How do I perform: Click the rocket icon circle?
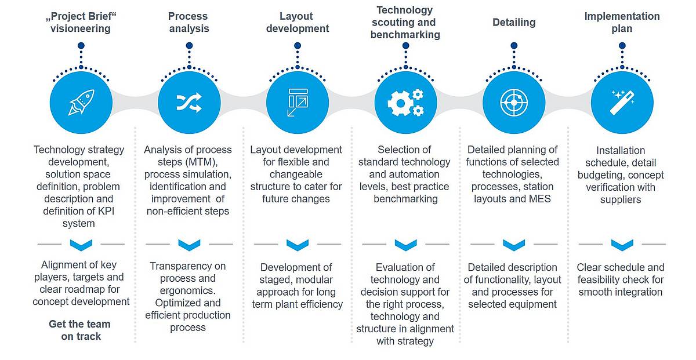(81, 103)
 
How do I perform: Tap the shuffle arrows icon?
(189, 103)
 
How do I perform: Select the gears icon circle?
(405, 103)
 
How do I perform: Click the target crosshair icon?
(514, 103)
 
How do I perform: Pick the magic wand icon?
(622, 103)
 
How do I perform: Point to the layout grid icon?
(298, 103)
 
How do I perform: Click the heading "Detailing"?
(514, 23)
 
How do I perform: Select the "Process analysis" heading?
(188, 23)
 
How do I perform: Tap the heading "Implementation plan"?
(622, 23)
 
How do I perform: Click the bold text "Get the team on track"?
(80, 330)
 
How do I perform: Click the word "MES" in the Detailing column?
(540, 199)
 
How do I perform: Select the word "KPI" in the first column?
(106, 211)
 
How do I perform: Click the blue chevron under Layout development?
(298, 245)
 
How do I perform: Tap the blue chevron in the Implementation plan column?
(622, 245)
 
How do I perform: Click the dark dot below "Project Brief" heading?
(81, 46)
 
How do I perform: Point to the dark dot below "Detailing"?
(514, 46)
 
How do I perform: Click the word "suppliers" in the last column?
(621, 200)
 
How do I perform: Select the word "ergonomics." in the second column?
(188, 291)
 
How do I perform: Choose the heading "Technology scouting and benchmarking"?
(405, 23)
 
